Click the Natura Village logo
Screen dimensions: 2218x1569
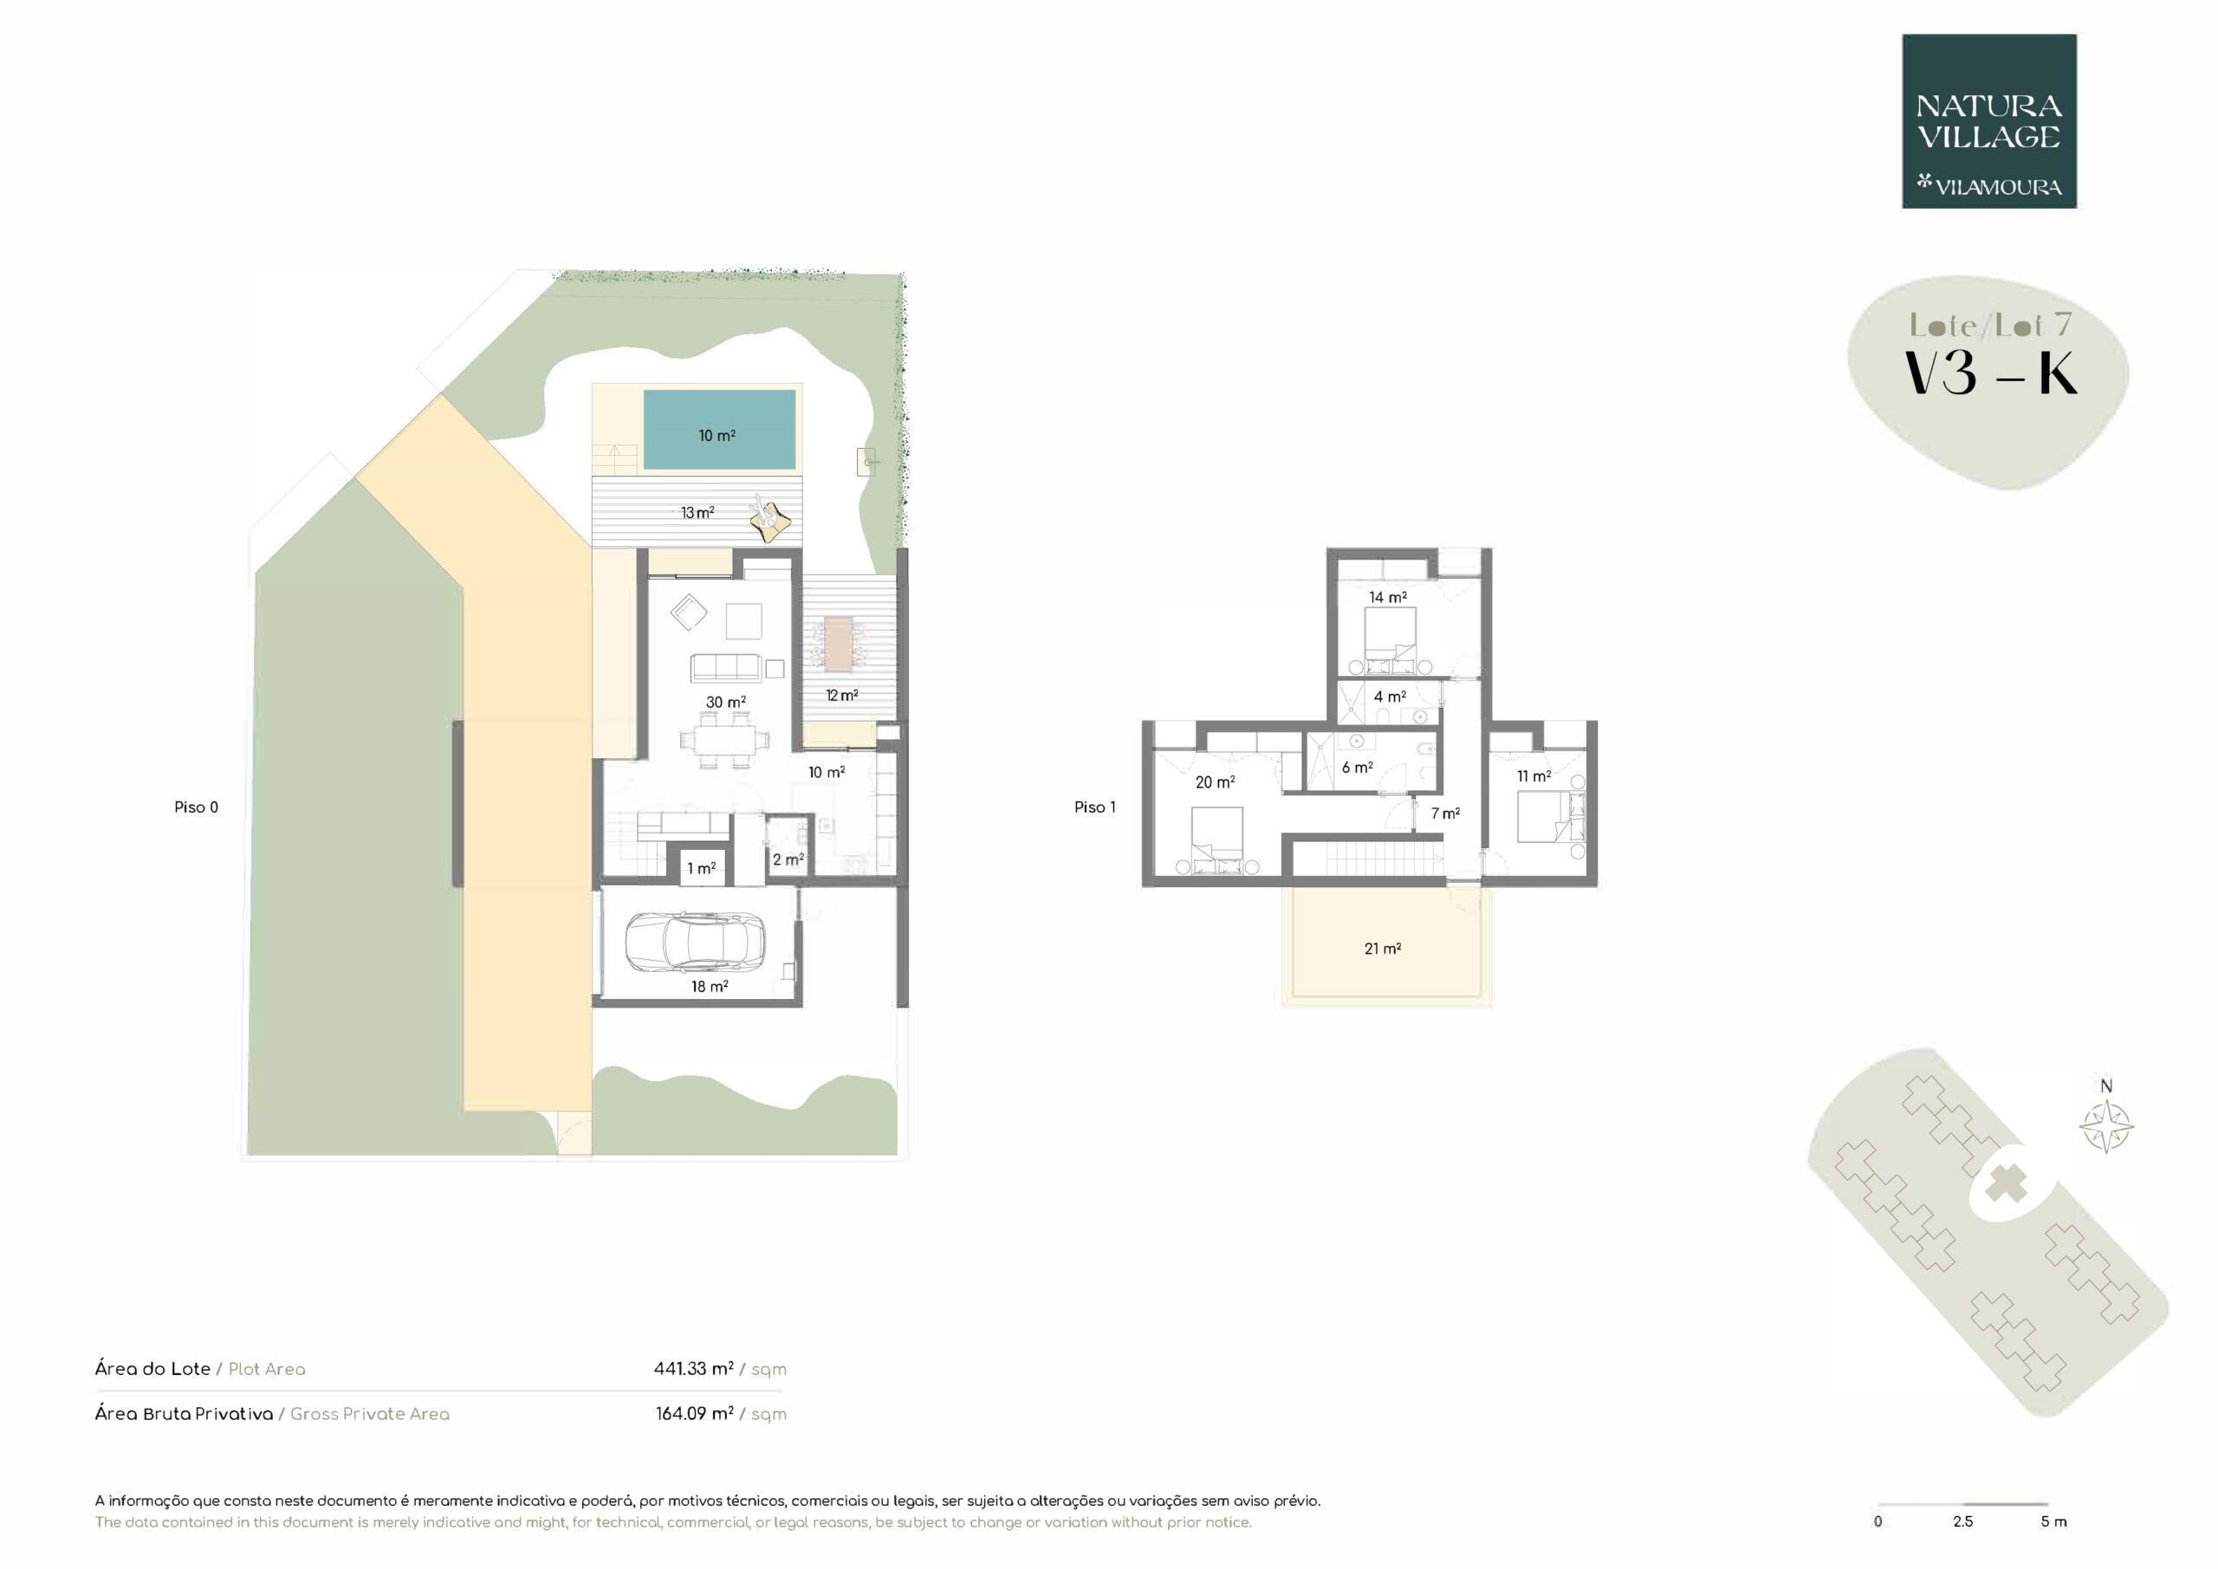click(x=1989, y=122)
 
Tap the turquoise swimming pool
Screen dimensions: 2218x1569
click(x=720, y=429)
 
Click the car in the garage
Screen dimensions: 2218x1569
click(x=696, y=942)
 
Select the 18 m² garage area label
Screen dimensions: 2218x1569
click(x=709, y=987)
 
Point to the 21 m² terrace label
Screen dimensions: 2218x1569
click(x=1383, y=949)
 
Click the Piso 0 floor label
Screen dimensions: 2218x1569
click(x=196, y=807)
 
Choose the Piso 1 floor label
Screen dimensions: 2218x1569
click(x=1094, y=807)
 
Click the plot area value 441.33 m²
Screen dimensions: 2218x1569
click(x=694, y=1368)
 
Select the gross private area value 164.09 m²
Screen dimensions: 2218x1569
click(x=695, y=1413)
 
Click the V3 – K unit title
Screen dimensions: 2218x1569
click(x=1990, y=374)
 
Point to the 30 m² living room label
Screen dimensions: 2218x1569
click(x=725, y=703)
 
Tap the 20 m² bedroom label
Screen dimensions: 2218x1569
click(x=1216, y=782)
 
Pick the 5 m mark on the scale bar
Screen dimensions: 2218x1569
click(x=2053, y=1521)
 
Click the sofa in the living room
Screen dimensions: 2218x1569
click(x=725, y=668)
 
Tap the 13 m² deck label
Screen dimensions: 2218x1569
click(x=697, y=512)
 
